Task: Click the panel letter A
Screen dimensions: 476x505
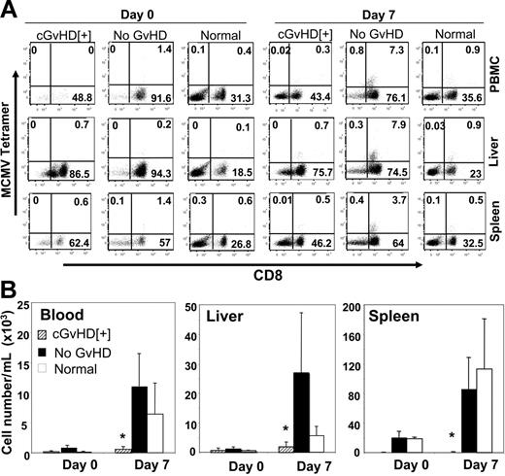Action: pos(11,11)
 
